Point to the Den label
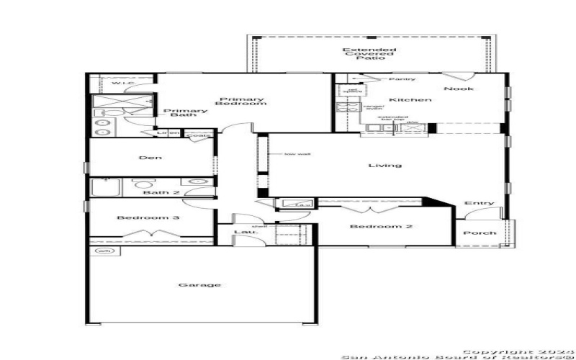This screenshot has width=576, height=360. pyautogui.click(x=150, y=158)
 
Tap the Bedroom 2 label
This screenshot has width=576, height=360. pyautogui.click(x=371, y=228)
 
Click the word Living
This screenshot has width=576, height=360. pyautogui.click(x=384, y=165)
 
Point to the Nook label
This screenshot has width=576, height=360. pyautogui.click(x=454, y=89)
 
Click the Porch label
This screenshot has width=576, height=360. pyautogui.click(x=479, y=233)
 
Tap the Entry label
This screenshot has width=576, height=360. pyautogui.click(x=479, y=203)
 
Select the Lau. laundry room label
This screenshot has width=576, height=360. pyautogui.click(x=241, y=232)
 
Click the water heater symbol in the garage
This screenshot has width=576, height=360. pyautogui.click(x=102, y=251)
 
